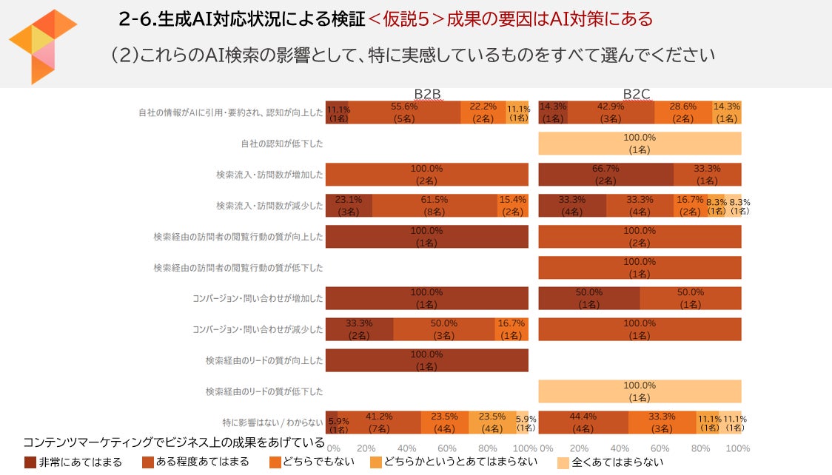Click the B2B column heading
click(x=427, y=94)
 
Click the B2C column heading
click(x=636, y=94)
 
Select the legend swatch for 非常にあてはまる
click(x=30, y=462)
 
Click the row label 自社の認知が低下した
click(x=281, y=144)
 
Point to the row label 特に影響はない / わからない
click(x=272, y=422)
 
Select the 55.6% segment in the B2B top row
click(x=404, y=112)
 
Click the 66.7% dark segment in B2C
click(x=605, y=175)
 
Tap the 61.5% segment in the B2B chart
click(x=435, y=205)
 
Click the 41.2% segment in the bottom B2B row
click(x=379, y=422)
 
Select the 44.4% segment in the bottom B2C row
click(x=583, y=422)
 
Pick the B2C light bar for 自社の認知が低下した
click(x=640, y=144)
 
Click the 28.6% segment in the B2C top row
click(x=682, y=112)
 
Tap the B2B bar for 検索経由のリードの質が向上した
click(x=426, y=360)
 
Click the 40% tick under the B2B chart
click(x=406, y=448)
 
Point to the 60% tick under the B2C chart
click(x=660, y=448)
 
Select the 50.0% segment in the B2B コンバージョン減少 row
click(x=443, y=329)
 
